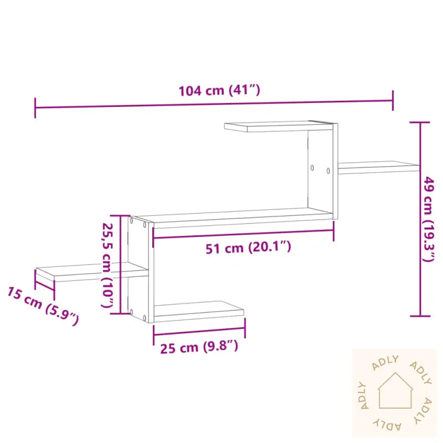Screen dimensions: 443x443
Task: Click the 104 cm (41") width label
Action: (x=219, y=91)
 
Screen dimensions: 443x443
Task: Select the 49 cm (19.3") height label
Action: (x=430, y=219)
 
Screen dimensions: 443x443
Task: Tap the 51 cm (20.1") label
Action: (x=248, y=248)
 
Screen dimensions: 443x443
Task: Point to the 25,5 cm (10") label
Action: (x=109, y=265)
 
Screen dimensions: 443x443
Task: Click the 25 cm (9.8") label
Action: (x=199, y=348)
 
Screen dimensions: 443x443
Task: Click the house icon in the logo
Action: (x=395, y=391)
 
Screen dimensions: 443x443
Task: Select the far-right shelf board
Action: (x=379, y=166)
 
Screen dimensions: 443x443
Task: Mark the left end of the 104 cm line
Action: (x=35, y=107)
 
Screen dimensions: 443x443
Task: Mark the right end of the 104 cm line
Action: (x=393, y=101)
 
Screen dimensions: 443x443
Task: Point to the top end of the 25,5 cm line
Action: (x=120, y=216)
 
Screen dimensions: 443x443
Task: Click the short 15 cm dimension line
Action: (x=45, y=285)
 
